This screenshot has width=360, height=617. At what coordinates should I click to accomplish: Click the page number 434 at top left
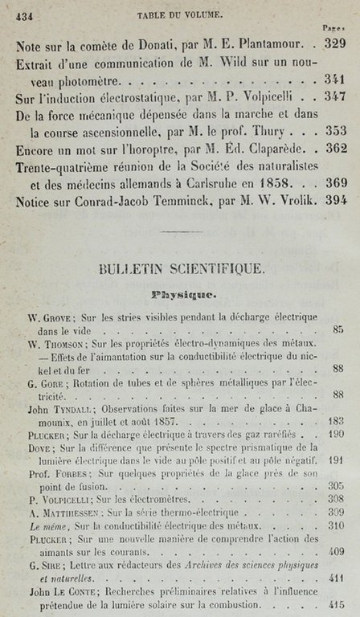[x=15, y=13]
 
